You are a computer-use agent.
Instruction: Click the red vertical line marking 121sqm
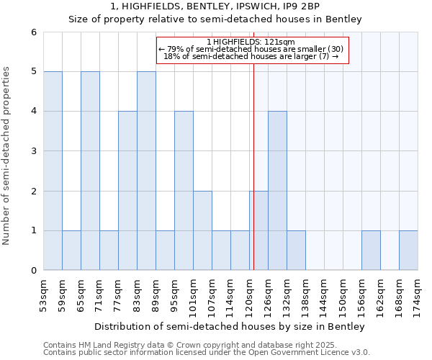click(x=254, y=180)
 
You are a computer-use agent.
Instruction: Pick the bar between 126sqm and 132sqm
click(x=277, y=191)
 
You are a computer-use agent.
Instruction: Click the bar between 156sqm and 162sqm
click(x=371, y=251)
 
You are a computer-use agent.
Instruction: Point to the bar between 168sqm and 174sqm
click(x=408, y=251)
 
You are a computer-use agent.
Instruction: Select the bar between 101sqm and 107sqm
click(x=202, y=230)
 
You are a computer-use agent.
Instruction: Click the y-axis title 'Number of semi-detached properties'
click(x=6, y=156)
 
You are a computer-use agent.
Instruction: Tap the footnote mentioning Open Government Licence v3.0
click(x=207, y=353)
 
